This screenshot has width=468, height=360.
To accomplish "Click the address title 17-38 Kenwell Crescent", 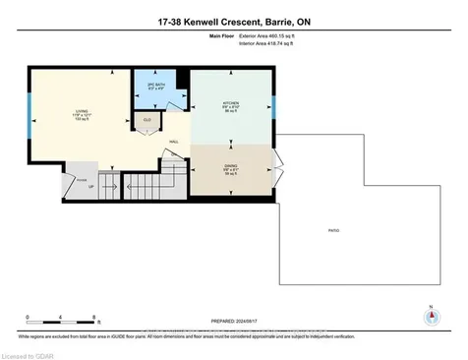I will pos(233,23).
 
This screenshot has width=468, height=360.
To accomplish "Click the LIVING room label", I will pos(81,113).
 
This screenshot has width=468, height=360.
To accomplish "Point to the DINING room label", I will pos(230,167).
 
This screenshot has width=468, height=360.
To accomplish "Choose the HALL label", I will pos(172,141).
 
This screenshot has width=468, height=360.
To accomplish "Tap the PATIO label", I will pos(334,230).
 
